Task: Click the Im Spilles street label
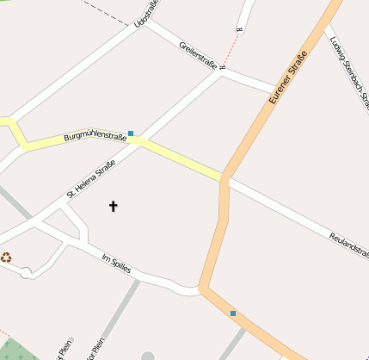tap(116, 264)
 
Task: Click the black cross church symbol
tap(113, 206)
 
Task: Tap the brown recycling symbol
tap(6, 257)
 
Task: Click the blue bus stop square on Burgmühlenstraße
tap(131, 133)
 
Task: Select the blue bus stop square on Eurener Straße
tap(232, 313)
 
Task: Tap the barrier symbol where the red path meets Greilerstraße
tap(223, 67)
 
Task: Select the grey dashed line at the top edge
tap(108, 10)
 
